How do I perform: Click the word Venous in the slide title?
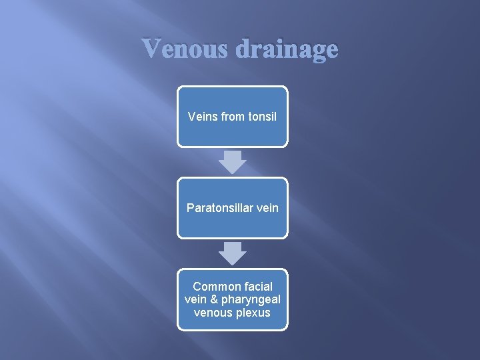(186, 49)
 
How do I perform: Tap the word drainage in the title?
(288, 49)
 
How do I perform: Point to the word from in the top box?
(233, 116)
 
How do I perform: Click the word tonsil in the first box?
(262, 116)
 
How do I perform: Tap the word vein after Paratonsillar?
(265, 208)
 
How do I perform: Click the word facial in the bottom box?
(257, 287)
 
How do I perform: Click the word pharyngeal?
(252, 299)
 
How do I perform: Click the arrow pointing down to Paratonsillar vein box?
(232, 162)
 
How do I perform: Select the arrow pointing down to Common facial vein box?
(232, 253)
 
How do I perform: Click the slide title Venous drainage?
(239, 49)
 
